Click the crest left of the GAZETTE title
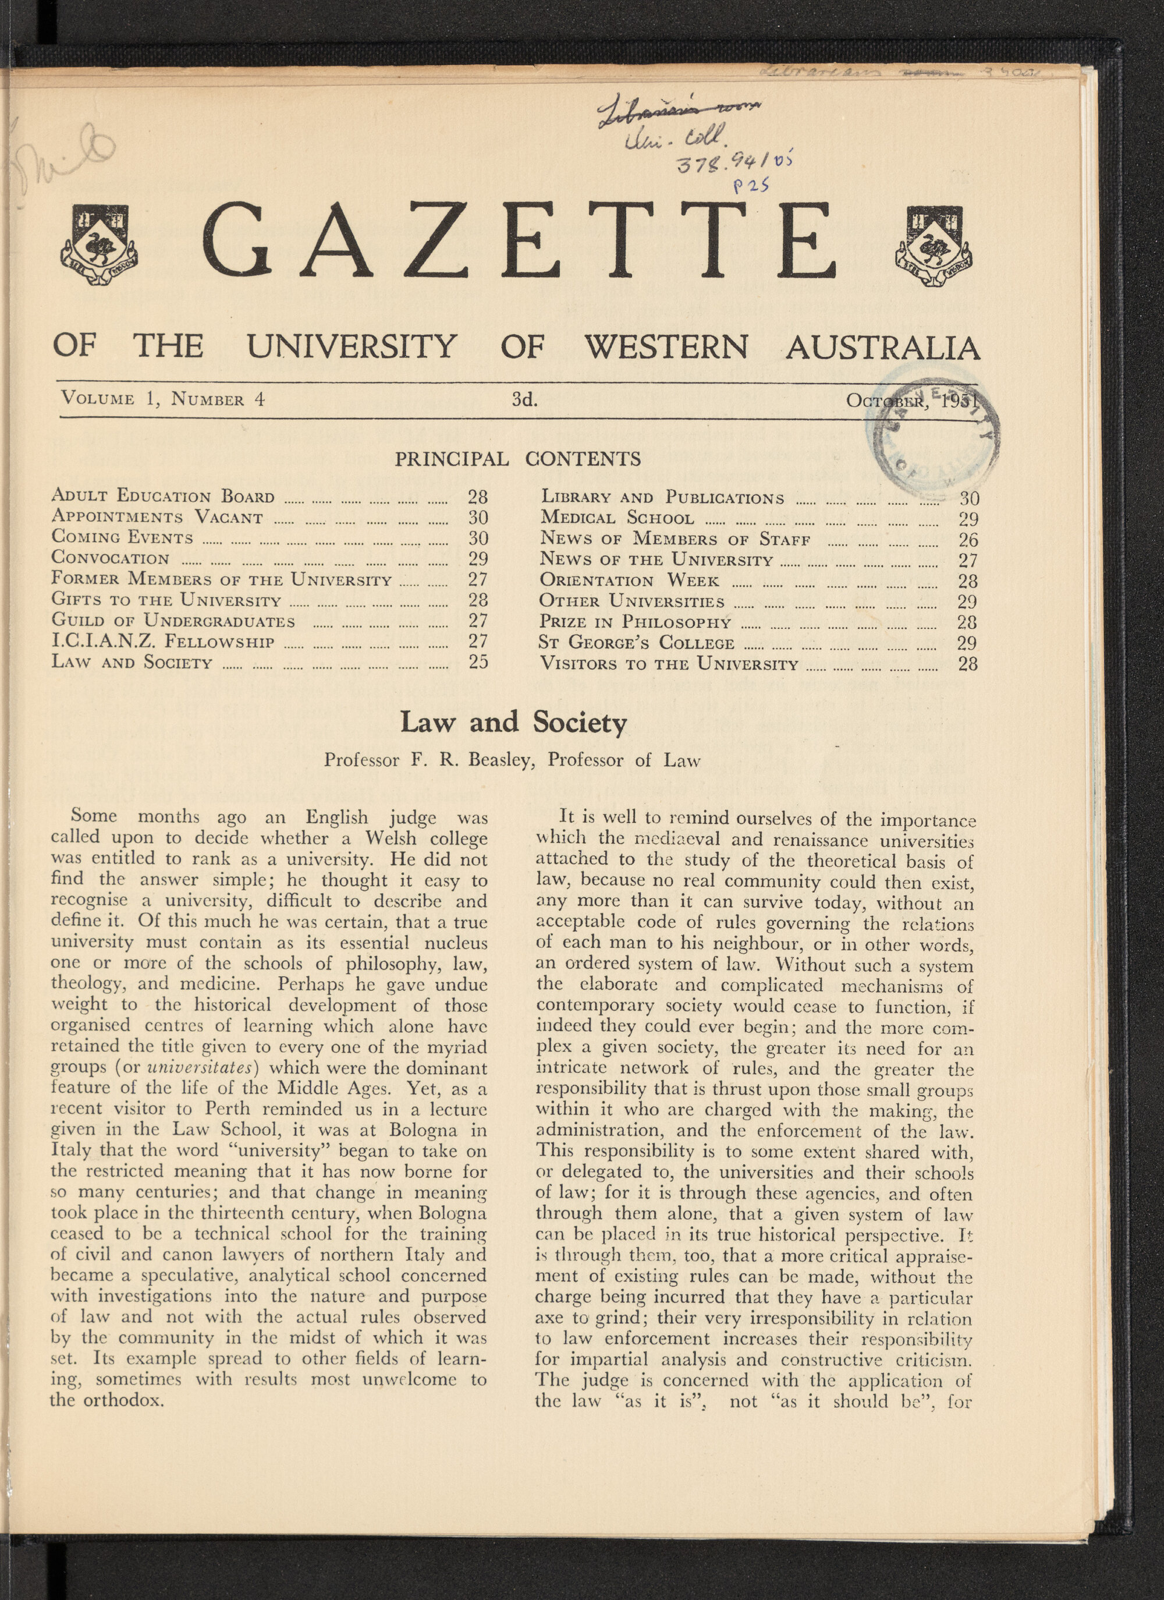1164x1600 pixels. tap(100, 245)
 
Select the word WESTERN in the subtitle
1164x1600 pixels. tap(666, 346)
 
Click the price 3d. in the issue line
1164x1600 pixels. tap(524, 400)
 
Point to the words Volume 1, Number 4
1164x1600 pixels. tap(163, 399)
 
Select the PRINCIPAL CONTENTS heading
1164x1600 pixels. tap(517, 459)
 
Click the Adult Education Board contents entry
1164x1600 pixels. tap(163, 496)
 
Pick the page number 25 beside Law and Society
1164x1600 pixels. tap(478, 662)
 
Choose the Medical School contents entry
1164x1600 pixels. tap(617, 519)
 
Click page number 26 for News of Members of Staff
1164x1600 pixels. tap(967, 540)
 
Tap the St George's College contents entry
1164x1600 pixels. tap(637, 643)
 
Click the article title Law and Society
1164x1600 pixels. tap(513, 723)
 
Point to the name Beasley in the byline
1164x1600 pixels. tap(499, 760)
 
